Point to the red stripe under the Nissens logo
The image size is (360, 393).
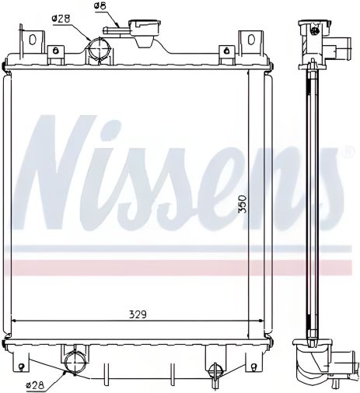(x=179, y=267)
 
